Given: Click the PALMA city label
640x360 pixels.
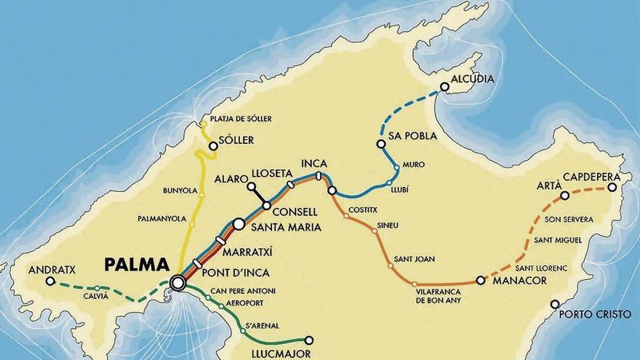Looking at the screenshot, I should tap(136, 264).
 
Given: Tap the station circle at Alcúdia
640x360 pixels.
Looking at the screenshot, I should tap(444, 87).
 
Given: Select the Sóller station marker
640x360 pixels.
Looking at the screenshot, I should tap(213, 146).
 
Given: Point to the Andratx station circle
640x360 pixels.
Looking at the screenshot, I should tap(49, 281).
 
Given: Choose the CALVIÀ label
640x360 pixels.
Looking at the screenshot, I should tap(95, 295).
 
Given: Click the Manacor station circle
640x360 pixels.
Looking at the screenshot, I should tap(480, 280).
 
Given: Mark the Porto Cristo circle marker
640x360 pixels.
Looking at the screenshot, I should tap(555, 304).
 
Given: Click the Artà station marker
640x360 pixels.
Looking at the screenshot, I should tap(564, 195).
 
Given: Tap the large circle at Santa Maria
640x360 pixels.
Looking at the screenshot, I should tap(239, 225).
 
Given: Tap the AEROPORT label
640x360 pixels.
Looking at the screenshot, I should tap(244, 303).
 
